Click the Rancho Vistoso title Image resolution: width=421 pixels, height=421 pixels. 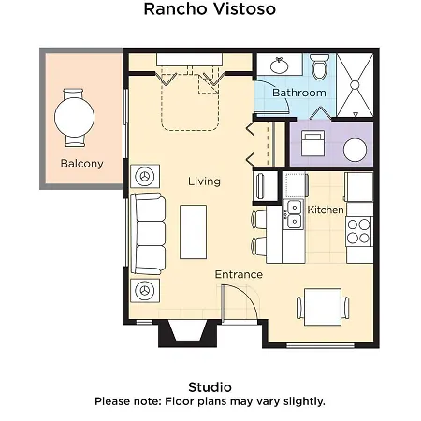[x=210, y=8]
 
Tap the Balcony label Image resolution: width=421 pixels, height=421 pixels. [x=81, y=164]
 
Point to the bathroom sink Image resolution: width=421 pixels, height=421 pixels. [x=280, y=65]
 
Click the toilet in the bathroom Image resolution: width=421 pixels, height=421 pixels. [x=320, y=67]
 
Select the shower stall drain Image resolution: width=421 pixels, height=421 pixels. [x=355, y=85]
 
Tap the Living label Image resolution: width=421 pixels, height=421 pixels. [x=204, y=181]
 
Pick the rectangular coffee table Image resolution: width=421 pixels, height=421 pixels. [x=193, y=232]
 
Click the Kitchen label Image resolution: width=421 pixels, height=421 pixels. [x=326, y=210]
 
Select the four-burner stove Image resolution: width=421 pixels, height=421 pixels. [x=358, y=231]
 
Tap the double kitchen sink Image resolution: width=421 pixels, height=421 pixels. [x=294, y=215]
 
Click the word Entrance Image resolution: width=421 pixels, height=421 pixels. [x=239, y=274]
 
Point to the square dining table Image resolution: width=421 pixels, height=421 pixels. [x=323, y=307]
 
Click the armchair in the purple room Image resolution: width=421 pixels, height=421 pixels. [x=312, y=143]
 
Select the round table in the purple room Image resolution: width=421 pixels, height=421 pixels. [x=355, y=150]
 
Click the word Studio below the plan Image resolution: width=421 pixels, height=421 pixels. [x=210, y=387]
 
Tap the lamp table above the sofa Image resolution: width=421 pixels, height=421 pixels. [x=145, y=176]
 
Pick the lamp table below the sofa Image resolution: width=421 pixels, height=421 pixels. [x=145, y=291]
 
